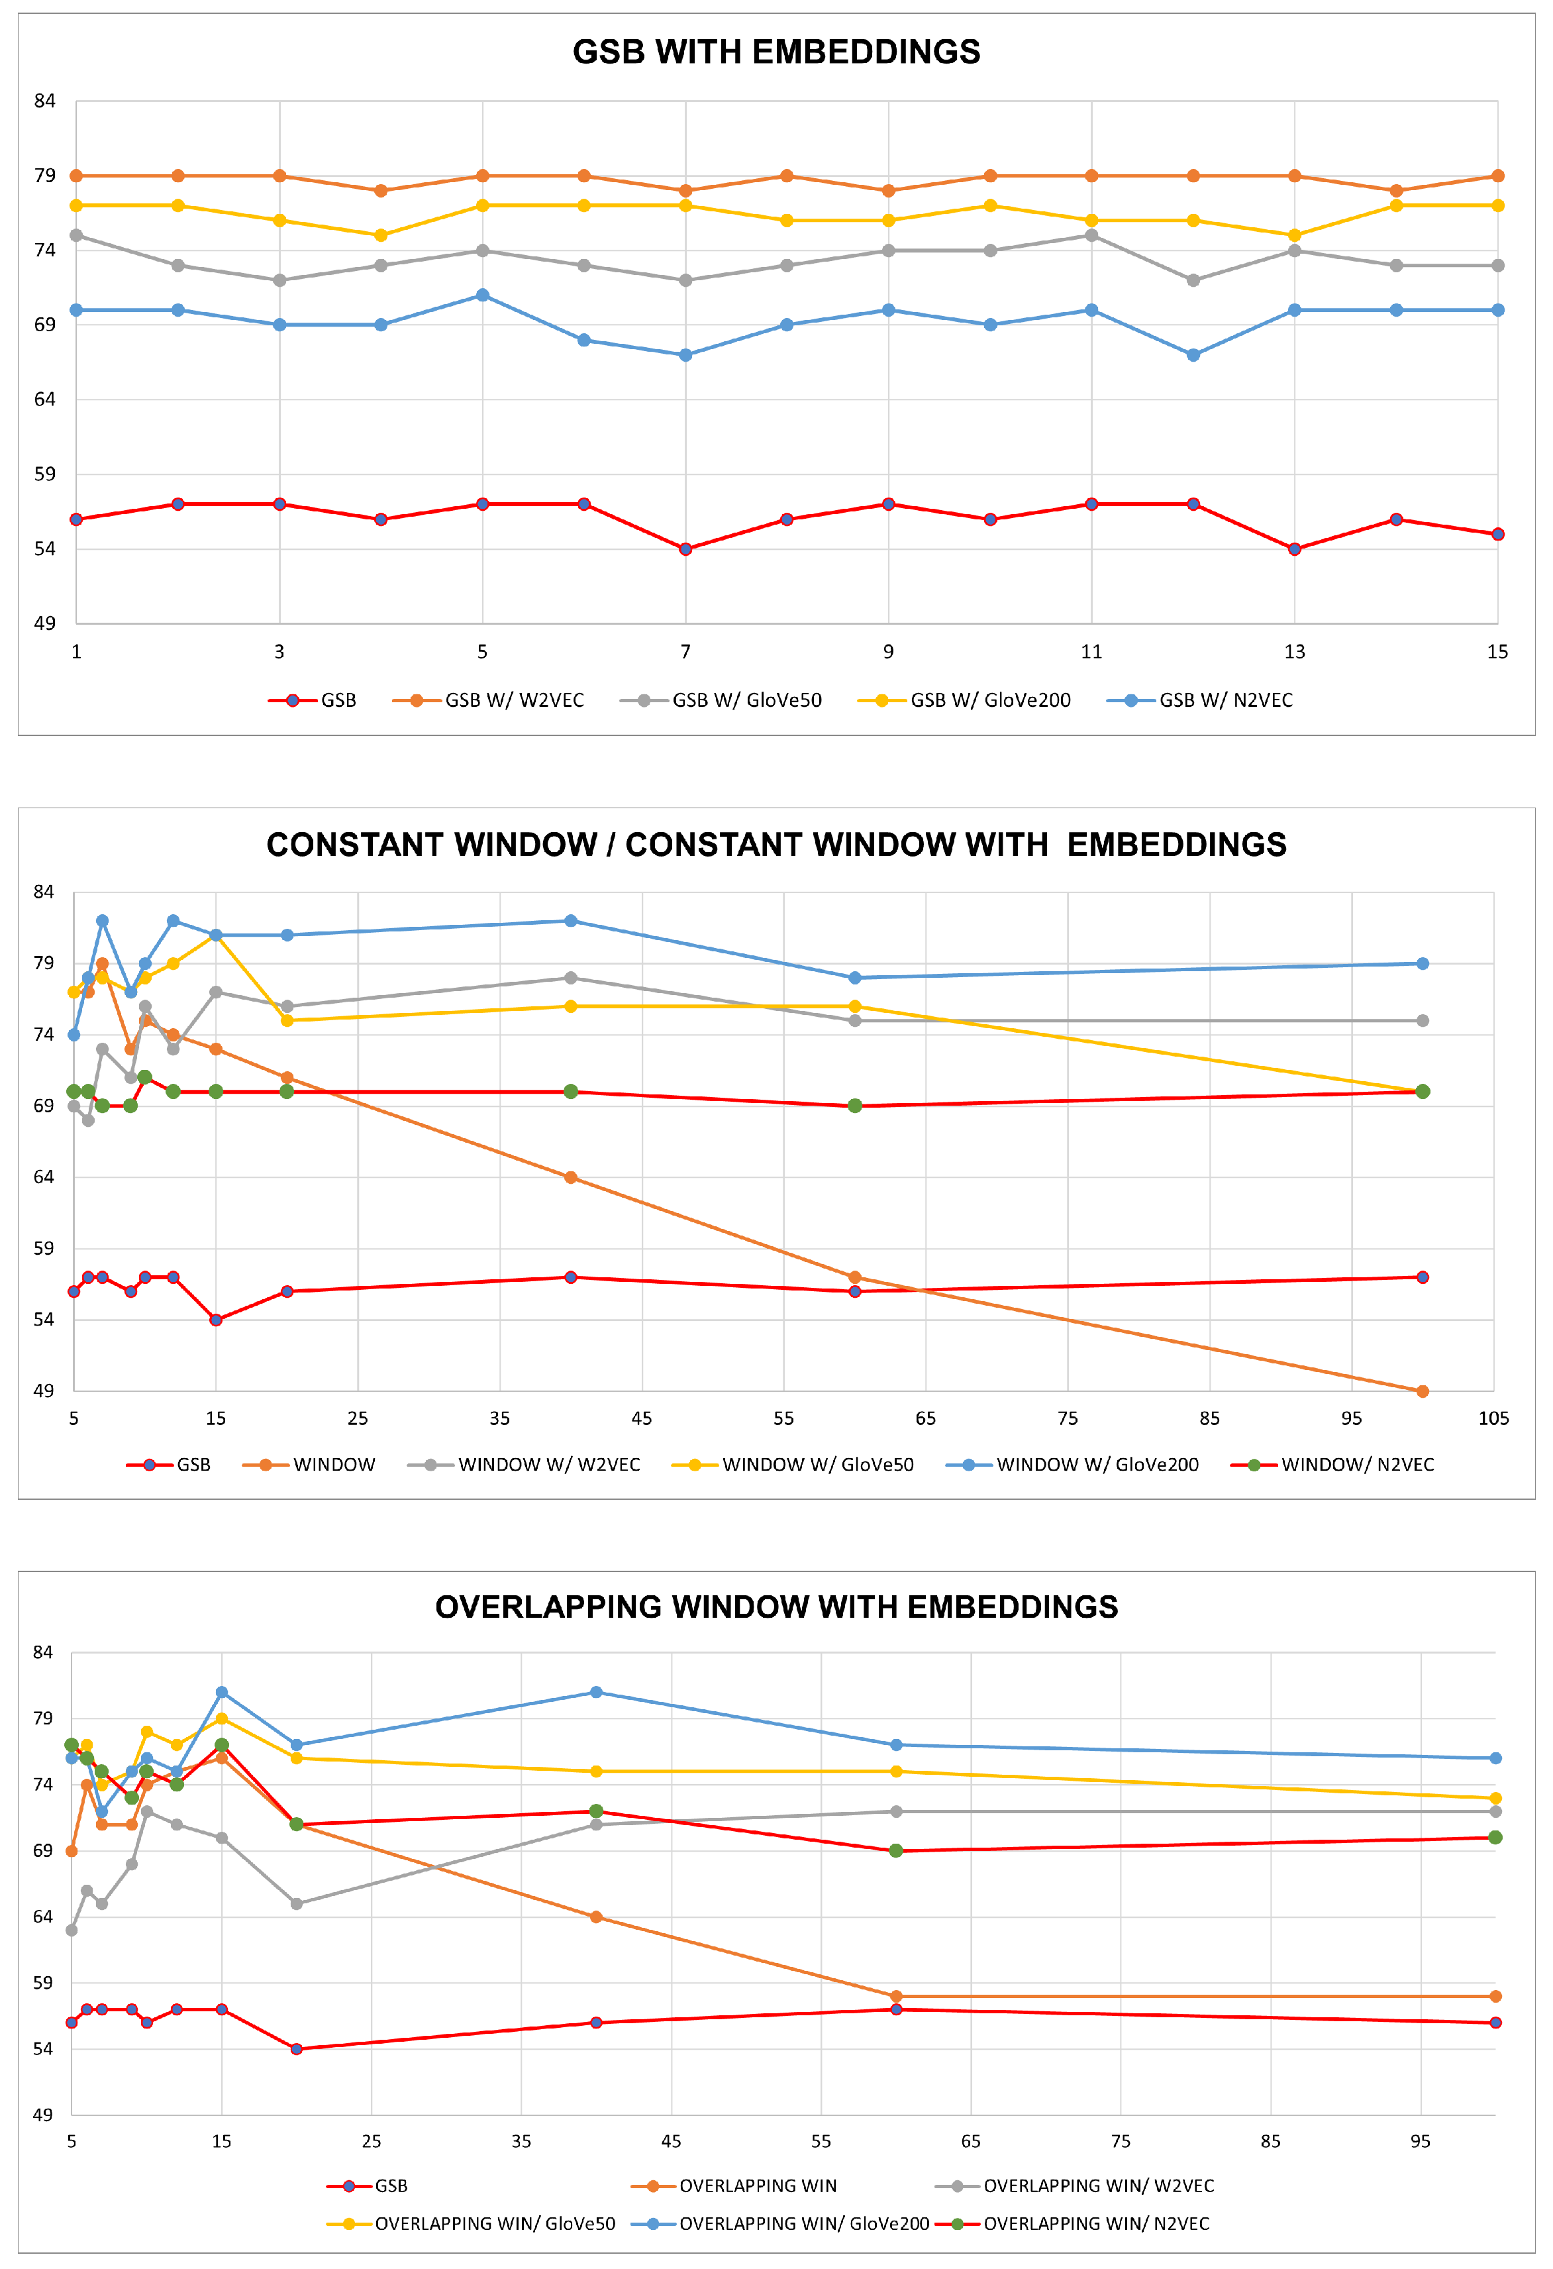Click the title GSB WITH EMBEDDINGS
776,52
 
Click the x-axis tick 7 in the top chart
685,651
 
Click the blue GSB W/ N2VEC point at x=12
1193,355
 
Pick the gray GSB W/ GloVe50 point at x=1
76,235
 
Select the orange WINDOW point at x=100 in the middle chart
1422,1391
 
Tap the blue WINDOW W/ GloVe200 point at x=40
571,921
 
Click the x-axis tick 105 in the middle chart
1493,1418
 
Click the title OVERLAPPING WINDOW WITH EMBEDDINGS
776,1607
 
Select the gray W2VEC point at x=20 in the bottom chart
297,1904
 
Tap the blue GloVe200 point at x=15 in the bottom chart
222,1692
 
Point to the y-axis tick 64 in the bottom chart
43,1917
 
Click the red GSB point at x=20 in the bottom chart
297,2049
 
